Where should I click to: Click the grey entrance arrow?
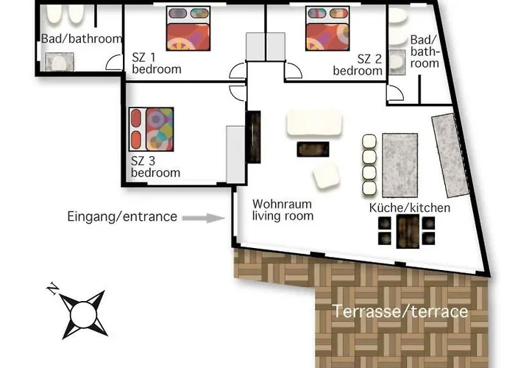(203, 218)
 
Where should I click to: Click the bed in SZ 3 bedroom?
(151, 130)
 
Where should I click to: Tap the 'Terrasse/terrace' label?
(400, 311)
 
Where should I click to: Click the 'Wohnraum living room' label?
(283, 209)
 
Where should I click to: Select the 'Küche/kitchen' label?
(409, 208)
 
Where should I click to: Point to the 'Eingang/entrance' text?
(122, 216)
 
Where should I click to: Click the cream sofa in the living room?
(315, 123)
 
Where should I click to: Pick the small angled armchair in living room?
(325, 176)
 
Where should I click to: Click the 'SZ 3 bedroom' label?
(155, 167)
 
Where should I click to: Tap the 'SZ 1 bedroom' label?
(156, 64)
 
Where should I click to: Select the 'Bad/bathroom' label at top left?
(79, 39)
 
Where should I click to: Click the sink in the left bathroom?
(57, 63)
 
